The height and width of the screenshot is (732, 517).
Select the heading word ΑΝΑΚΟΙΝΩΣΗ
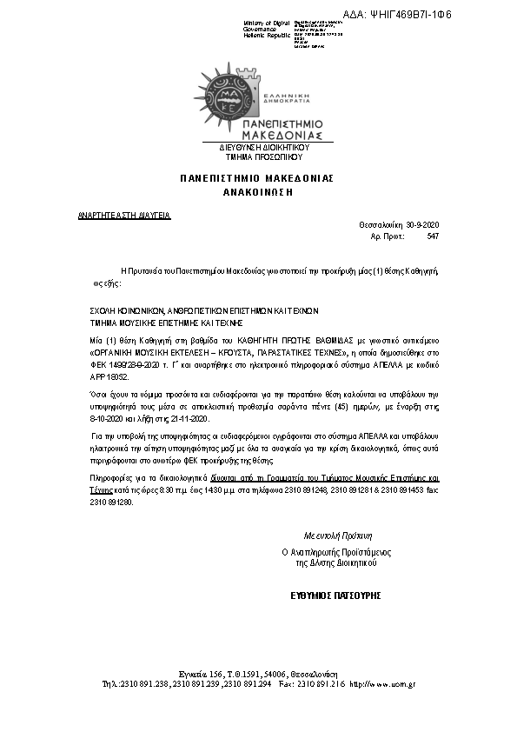click(257, 189)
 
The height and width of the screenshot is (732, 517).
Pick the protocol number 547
click(433, 236)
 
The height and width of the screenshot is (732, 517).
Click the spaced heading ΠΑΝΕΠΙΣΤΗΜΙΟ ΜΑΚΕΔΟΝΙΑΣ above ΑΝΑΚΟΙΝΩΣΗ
click(257, 177)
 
